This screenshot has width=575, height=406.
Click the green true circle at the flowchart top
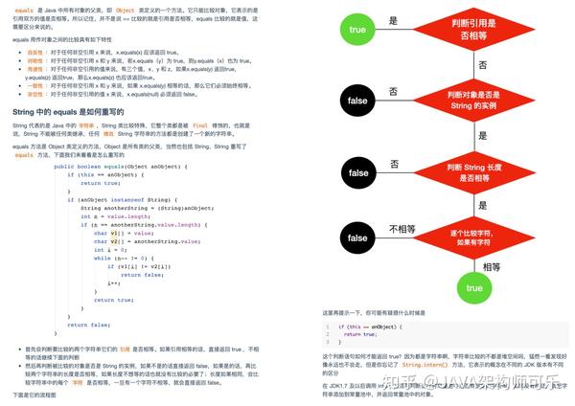356,30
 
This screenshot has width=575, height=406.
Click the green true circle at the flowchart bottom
473,287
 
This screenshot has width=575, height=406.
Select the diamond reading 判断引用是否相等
473,31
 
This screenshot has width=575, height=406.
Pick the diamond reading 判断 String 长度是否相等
473,174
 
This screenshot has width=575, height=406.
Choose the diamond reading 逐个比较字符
473,237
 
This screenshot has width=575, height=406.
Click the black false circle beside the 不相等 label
356,237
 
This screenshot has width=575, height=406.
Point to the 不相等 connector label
402,229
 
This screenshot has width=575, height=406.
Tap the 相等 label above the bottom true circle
491,265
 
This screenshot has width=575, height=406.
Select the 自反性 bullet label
33,51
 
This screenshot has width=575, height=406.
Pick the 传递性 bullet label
33,68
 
